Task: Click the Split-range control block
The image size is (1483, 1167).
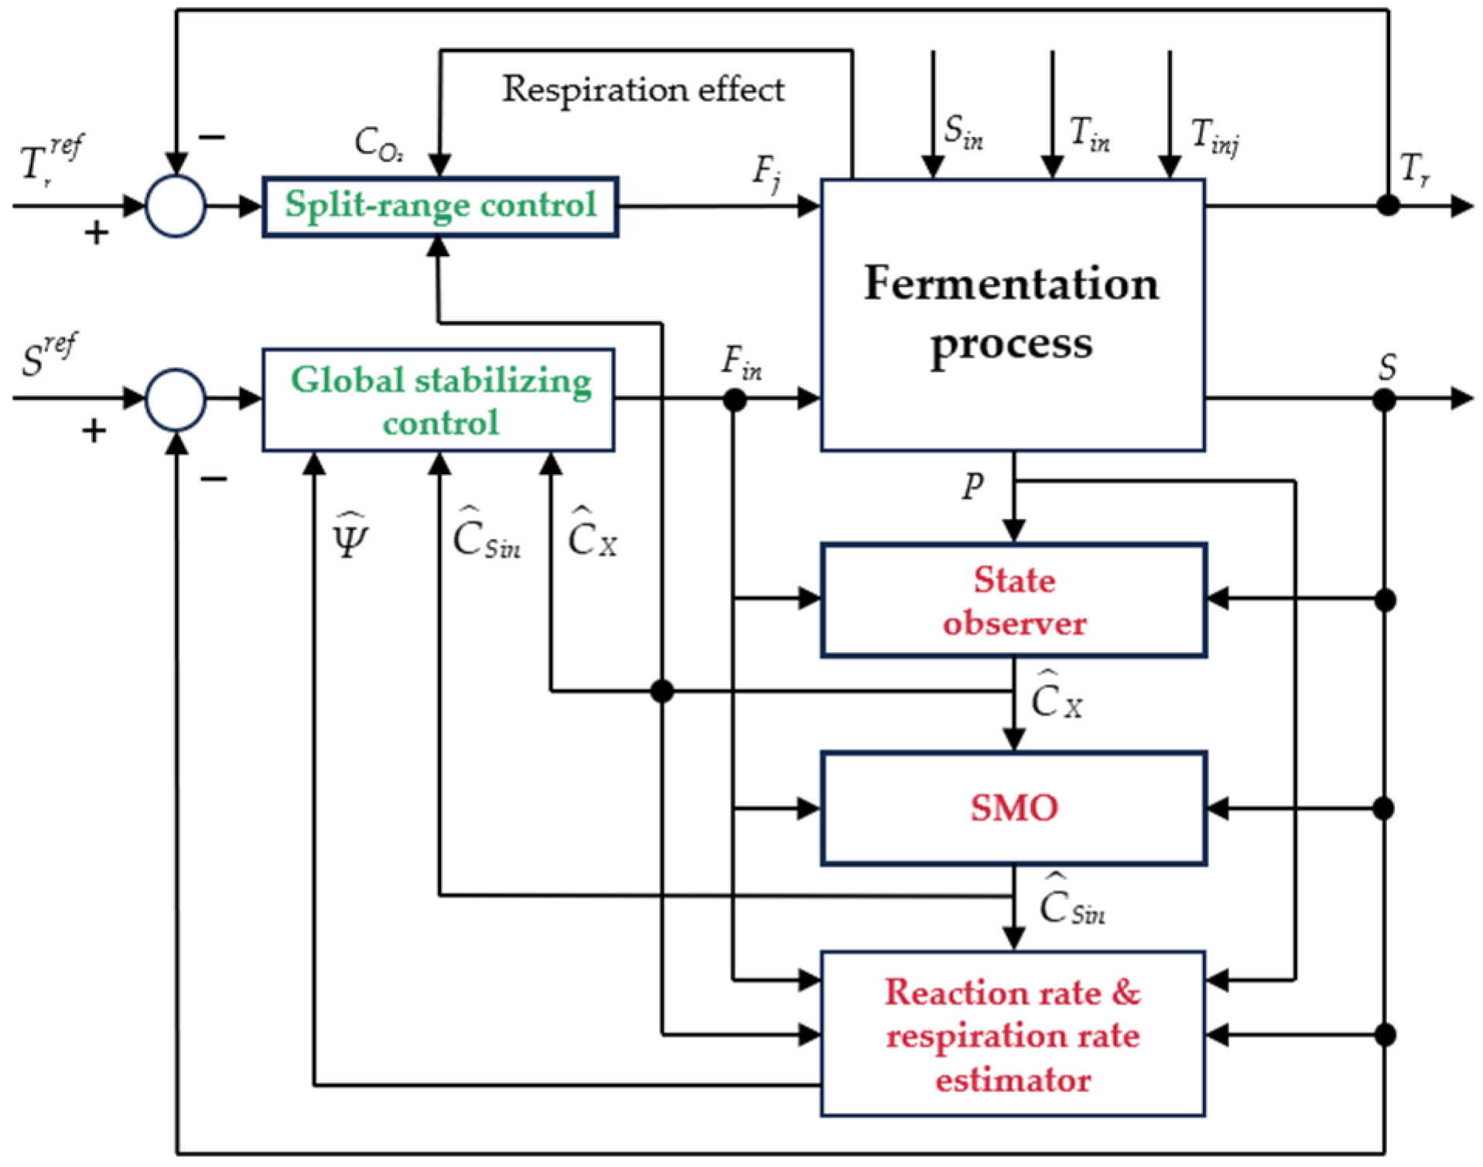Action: (x=439, y=206)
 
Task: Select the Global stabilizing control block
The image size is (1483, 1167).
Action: (x=439, y=400)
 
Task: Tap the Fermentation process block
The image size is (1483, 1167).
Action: (x=1012, y=314)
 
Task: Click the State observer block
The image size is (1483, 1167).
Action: (x=1013, y=600)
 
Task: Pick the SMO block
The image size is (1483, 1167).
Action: (x=1013, y=808)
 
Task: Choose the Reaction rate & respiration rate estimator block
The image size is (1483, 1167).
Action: (x=1012, y=1034)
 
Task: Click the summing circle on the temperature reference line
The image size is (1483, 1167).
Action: (x=176, y=206)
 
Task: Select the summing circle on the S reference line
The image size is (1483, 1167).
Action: (x=176, y=399)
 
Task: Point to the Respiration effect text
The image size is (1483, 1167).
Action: (x=643, y=90)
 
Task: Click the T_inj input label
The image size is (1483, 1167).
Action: (x=1214, y=136)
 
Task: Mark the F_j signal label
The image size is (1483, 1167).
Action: (x=767, y=172)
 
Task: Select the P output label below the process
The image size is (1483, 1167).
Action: (x=972, y=486)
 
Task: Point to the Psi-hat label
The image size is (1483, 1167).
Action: (x=350, y=536)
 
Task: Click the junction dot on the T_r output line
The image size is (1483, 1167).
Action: (x=1389, y=206)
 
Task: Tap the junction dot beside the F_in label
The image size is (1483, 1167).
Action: (x=733, y=400)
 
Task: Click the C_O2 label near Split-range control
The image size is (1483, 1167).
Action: (x=378, y=144)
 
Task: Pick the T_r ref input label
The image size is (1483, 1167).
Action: (x=50, y=159)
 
